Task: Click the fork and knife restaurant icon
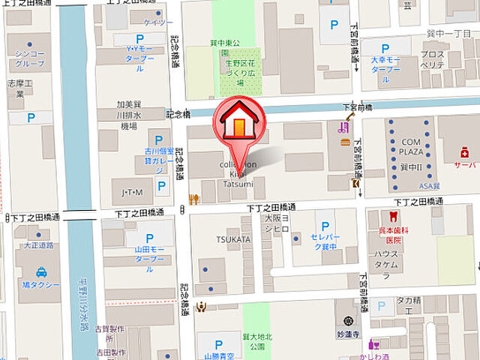(193, 199)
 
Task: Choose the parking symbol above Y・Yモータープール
(139, 38)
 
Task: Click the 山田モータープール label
(139, 262)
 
